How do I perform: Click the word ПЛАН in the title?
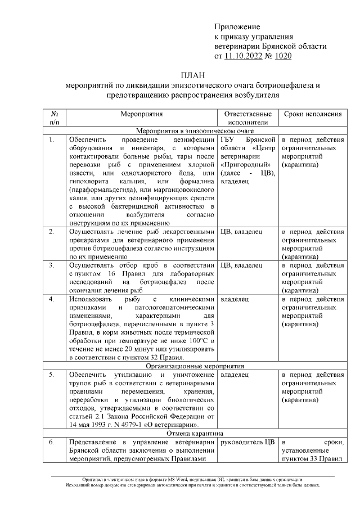click(193, 75)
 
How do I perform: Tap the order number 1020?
click(282, 56)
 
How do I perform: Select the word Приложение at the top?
click(237, 27)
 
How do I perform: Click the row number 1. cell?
click(52, 139)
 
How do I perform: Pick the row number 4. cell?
click(52, 299)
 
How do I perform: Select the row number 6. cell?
click(52, 442)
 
